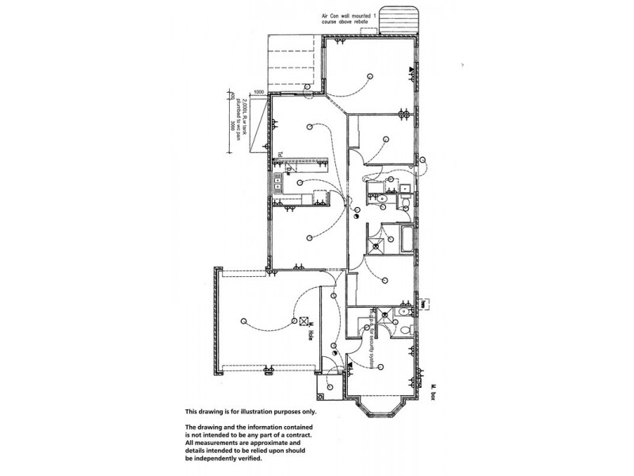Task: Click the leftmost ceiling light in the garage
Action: click(x=245, y=322)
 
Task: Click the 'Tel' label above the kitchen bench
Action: click(x=280, y=155)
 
